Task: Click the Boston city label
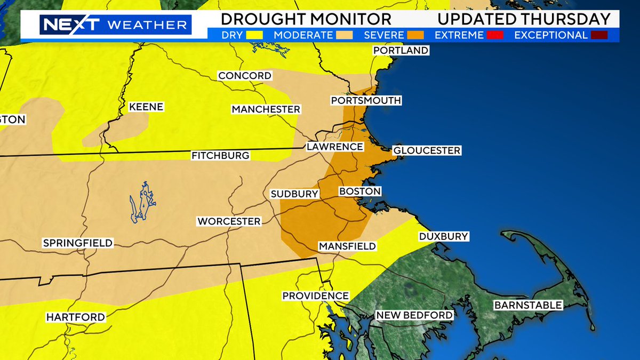click(360, 191)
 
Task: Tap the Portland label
click(401, 50)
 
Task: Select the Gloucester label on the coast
click(426, 150)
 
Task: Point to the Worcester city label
click(229, 221)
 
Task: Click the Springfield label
click(78, 243)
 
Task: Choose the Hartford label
click(75, 317)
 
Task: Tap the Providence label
click(315, 295)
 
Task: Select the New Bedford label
click(414, 315)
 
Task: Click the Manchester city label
click(266, 109)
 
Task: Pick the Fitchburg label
click(220, 156)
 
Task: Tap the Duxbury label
click(443, 236)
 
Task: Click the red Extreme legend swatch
click(493, 36)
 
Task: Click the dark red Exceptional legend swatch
click(596, 36)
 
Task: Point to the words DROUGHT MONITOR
click(306, 19)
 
